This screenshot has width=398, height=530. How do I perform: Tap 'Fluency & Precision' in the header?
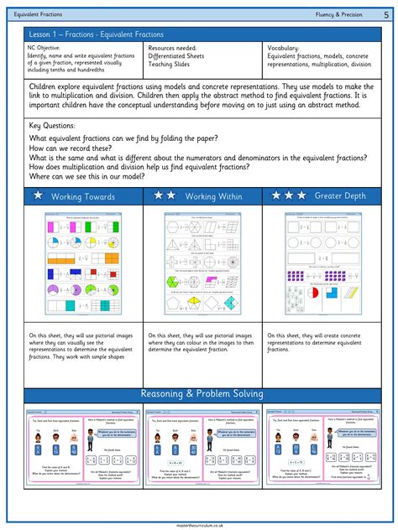(339, 14)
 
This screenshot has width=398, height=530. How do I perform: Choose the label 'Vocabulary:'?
(286, 49)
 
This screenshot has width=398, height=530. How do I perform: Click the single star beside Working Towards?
(37, 195)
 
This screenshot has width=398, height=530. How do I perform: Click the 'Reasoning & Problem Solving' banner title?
(201, 393)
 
